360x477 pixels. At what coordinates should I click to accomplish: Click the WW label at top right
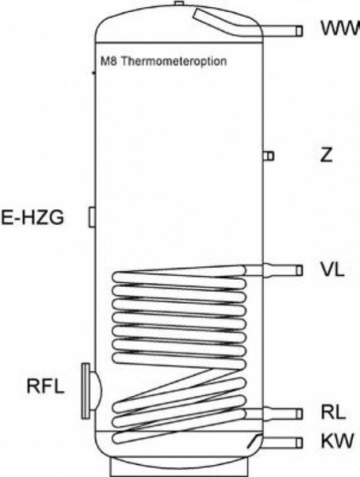tap(341, 29)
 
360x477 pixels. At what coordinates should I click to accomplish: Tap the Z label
tap(327, 155)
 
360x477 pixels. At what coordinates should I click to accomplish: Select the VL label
tap(333, 270)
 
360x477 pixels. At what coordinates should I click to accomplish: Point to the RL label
tap(333, 412)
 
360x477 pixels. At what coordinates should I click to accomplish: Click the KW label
tap(338, 440)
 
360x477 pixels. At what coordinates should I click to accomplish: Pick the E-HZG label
tap(33, 218)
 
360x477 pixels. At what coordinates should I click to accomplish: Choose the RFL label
tap(45, 386)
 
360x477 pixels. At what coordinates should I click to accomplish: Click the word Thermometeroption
tap(174, 61)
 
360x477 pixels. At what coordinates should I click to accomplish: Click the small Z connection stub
tap(269, 156)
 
